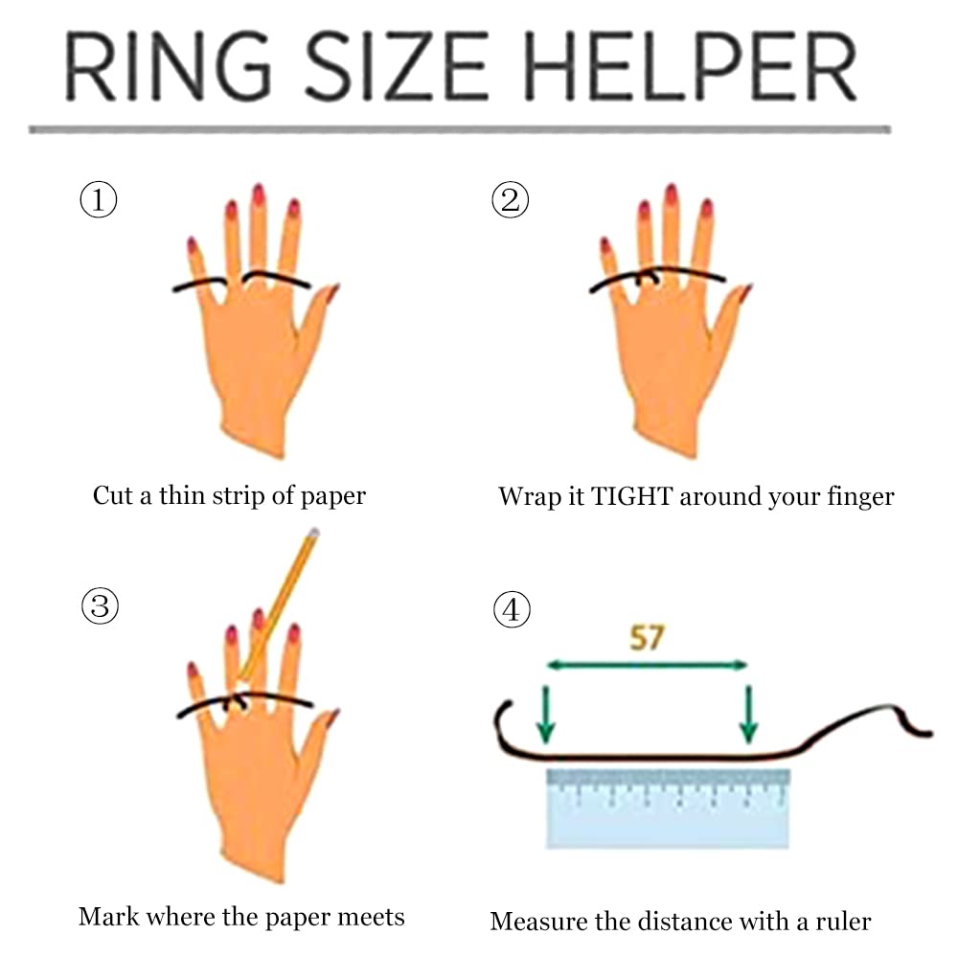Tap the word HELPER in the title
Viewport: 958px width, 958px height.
692,66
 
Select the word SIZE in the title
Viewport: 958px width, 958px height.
398,66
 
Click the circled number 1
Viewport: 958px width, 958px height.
99,199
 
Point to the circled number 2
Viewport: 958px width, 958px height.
511,200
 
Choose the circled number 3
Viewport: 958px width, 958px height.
100,605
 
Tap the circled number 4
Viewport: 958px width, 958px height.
512,609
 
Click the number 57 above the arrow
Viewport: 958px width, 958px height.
647,638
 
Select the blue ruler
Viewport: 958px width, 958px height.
668,809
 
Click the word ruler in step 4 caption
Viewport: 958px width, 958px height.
843,922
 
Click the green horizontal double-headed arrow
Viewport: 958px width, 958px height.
647,665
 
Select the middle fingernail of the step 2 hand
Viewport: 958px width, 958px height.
671,194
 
